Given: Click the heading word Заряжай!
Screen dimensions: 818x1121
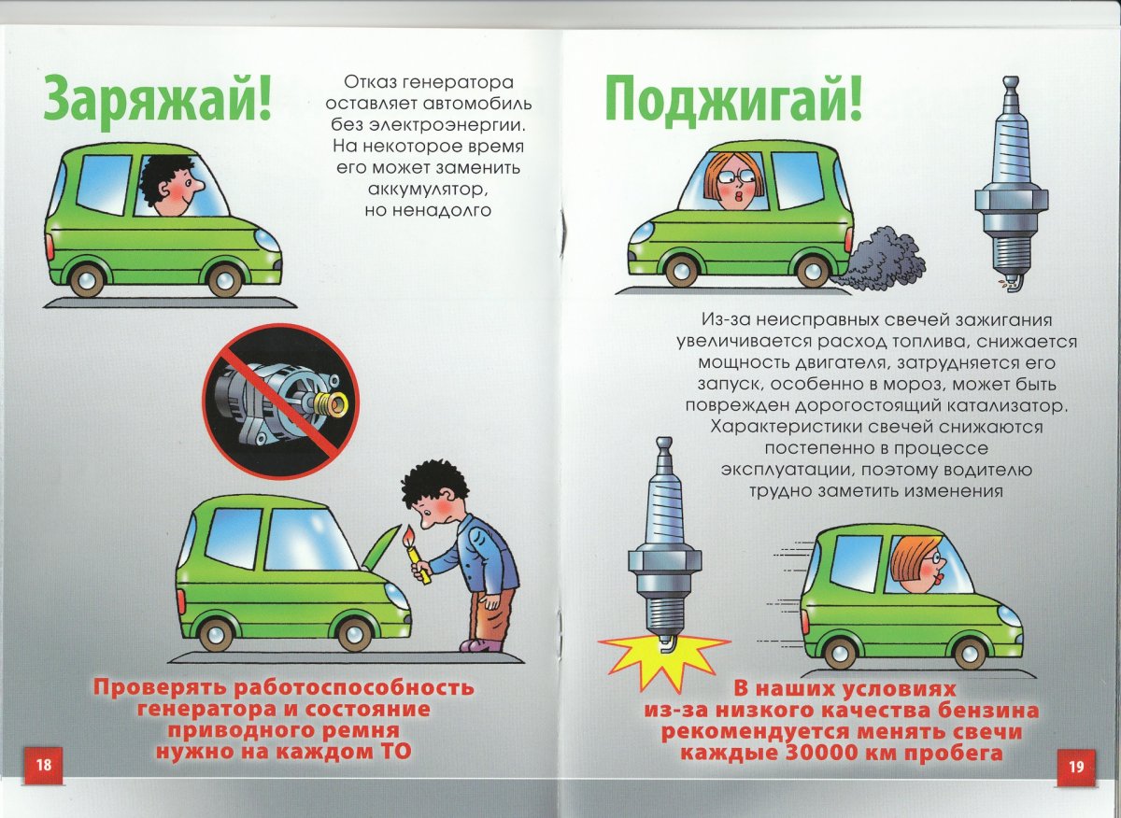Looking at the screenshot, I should (x=157, y=98).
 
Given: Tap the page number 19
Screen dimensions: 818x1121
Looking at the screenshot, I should (x=1075, y=766).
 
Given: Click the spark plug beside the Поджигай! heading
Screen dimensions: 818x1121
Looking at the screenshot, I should (x=1010, y=182).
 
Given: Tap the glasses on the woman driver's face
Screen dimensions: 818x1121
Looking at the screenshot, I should (x=731, y=176).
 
